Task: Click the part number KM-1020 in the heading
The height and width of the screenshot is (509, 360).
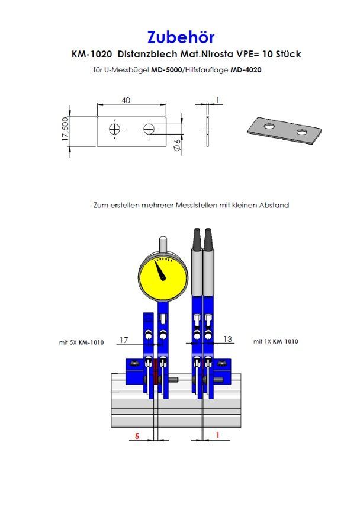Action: (91, 55)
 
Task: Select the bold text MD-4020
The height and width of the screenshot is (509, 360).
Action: (246, 70)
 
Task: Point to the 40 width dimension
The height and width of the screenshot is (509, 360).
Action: (126, 101)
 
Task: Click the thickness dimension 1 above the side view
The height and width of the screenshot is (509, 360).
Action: (218, 100)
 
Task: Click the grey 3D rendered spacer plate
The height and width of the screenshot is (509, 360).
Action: (284, 130)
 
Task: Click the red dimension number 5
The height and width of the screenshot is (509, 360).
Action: (137, 436)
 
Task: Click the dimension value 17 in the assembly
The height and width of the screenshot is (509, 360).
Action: (124, 340)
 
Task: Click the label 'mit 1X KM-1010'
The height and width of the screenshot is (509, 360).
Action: (275, 342)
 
